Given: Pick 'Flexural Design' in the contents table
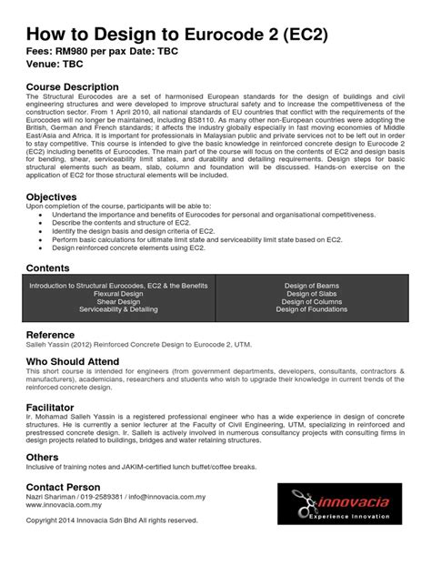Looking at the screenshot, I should pyautogui.click(x=119, y=294).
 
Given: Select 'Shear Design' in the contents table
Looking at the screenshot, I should pyautogui.click(x=119, y=302).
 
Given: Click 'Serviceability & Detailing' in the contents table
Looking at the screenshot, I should pyautogui.click(x=119, y=310).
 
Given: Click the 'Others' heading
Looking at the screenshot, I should pyautogui.click(x=42, y=458).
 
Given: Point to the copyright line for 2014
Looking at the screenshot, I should pyautogui.click(x=111, y=520).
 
